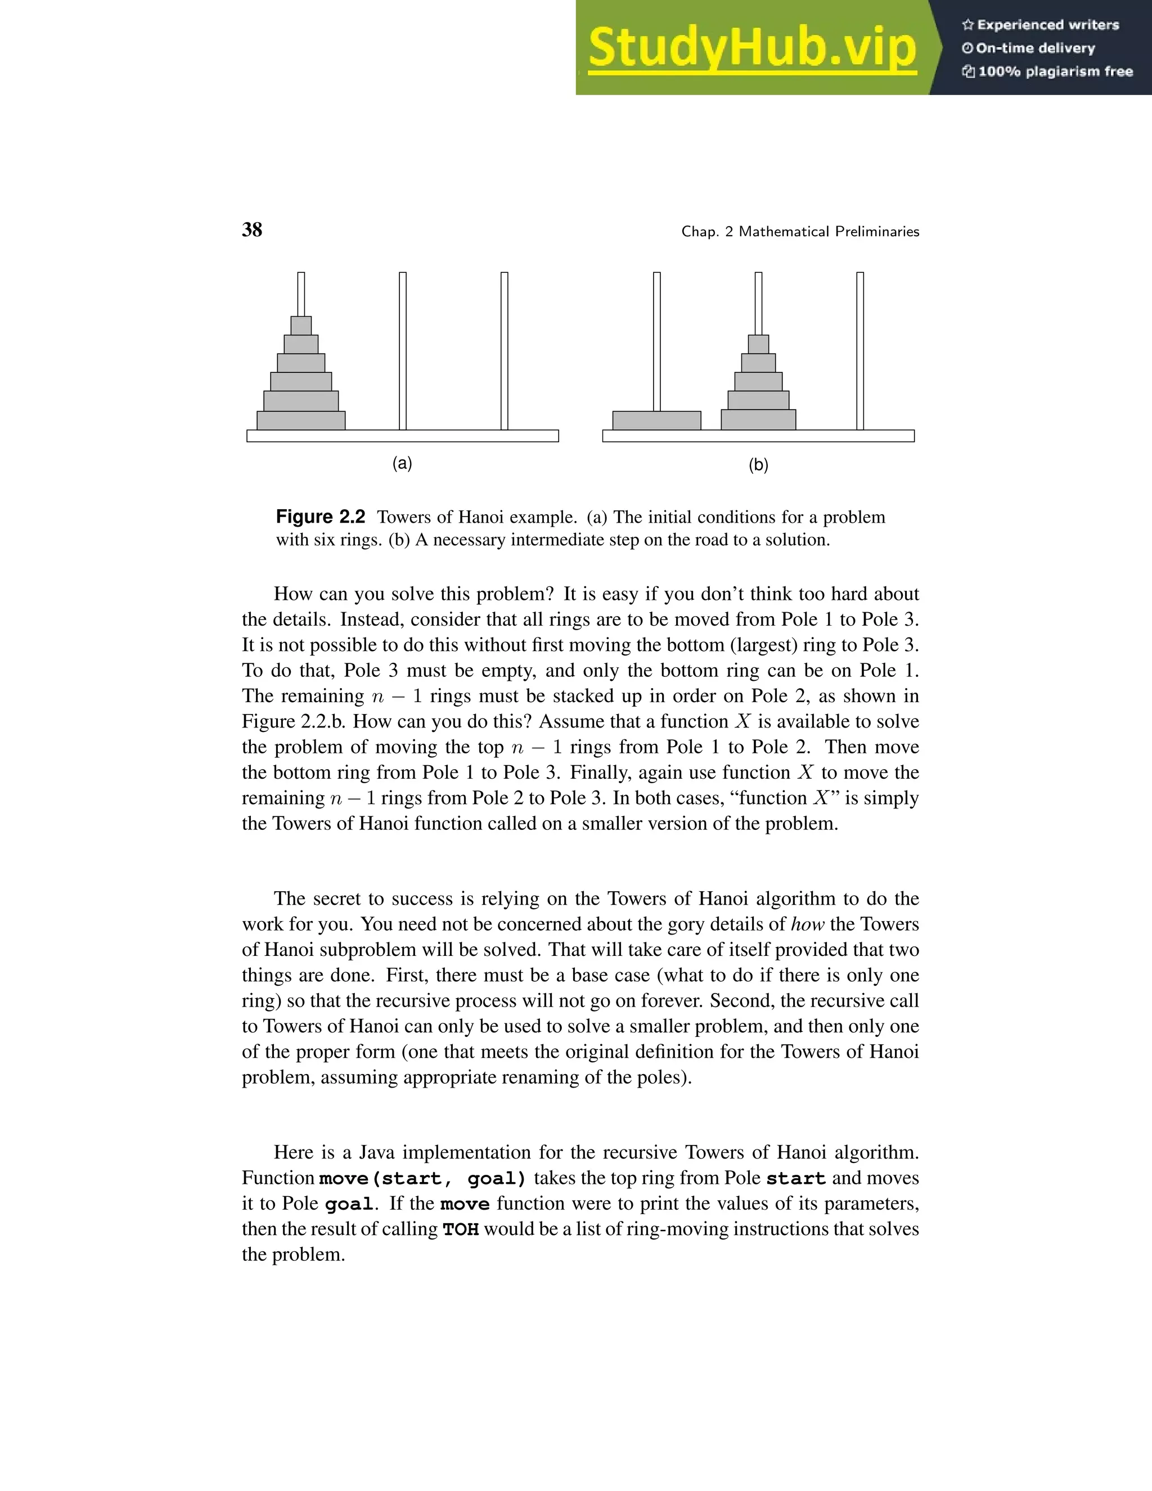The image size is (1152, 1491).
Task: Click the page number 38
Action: (252, 230)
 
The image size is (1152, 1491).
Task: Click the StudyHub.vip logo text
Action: (751, 48)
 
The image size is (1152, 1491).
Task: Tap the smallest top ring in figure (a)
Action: (301, 326)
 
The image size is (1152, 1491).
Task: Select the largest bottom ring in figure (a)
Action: (301, 420)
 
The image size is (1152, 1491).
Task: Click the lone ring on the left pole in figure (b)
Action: (656, 420)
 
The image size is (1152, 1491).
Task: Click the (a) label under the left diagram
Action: (402, 464)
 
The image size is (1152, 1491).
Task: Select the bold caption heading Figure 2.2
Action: (320, 517)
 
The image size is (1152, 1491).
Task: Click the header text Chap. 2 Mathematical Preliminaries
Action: (800, 231)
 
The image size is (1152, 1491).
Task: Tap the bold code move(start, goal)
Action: (423, 1178)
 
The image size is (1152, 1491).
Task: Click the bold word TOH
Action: (461, 1229)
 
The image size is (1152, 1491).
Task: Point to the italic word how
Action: (807, 924)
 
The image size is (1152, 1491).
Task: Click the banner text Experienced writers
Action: (1047, 25)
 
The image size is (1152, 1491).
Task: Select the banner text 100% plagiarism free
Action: (1055, 71)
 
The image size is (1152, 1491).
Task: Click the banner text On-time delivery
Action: (1034, 48)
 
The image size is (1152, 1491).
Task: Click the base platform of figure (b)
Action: (758, 436)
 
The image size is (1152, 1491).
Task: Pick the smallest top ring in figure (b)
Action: (758, 344)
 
